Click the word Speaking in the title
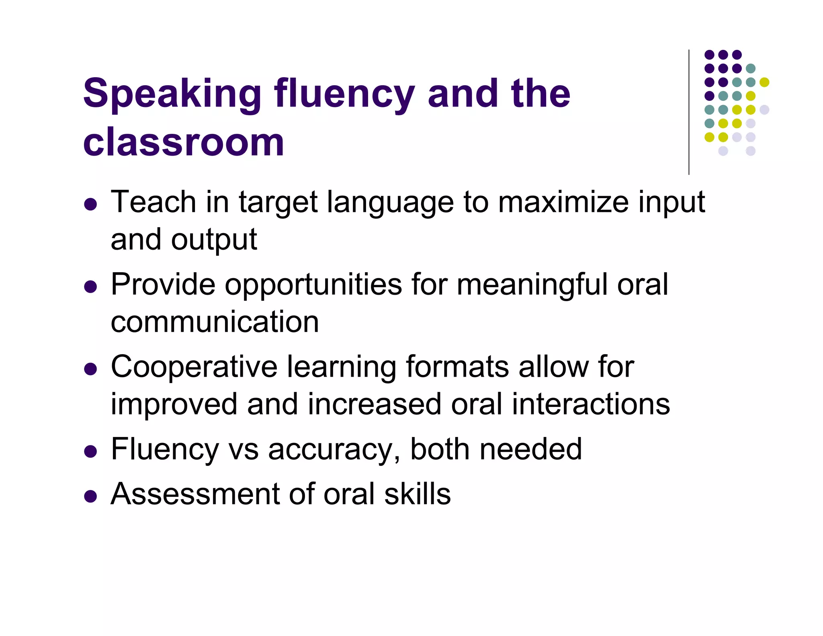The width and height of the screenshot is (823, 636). pyautogui.click(x=172, y=94)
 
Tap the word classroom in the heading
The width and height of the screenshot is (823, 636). pyautogui.click(x=184, y=142)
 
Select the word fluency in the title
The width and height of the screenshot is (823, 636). pyautogui.click(x=344, y=94)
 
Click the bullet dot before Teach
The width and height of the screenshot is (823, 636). pyautogui.click(x=91, y=204)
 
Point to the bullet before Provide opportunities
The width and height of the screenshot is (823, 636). pyautogui.click(x=91, y=287)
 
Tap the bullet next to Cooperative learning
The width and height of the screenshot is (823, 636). pyautogui.click(x=91, y=369)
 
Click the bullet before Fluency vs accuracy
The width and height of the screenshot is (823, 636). pyautogui.click(x=91, y=451)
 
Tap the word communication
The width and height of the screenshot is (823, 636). pyautogui.click(x=215, y=322)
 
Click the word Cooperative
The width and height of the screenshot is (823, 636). pyautogui.click(x=194, y=367)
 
